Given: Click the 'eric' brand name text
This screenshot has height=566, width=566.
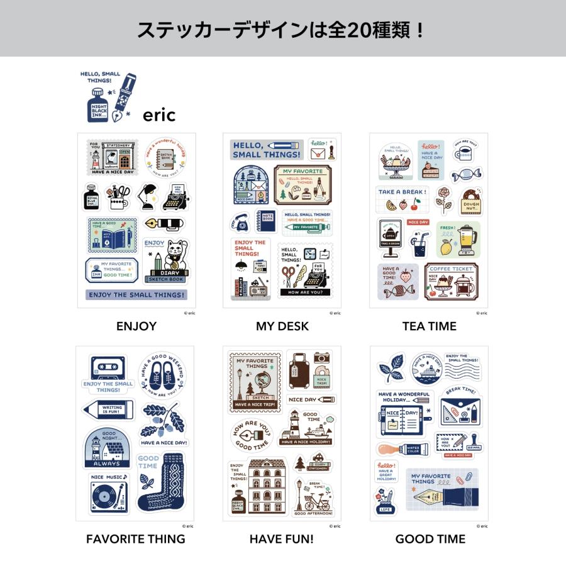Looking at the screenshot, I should point(158,115).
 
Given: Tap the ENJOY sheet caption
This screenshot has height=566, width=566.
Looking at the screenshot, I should point(136,326).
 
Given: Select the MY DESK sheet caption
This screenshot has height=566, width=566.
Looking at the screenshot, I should point(282,326).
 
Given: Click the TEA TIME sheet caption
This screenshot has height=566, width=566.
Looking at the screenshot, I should point(429,326).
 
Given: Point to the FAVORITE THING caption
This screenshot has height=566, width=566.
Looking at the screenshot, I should point(136,539).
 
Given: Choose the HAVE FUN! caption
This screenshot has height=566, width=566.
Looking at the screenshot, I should point(282,539).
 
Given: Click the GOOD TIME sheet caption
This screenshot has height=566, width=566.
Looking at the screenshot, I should point(430,539).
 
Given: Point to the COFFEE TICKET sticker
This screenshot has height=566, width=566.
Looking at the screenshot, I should point(450,282).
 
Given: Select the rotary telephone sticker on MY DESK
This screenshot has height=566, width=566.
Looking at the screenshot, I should point(240,221).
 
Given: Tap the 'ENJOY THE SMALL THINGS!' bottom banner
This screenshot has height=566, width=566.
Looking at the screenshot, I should point(136,294).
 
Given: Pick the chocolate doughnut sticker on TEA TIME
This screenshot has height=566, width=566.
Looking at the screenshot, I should point(470,200).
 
